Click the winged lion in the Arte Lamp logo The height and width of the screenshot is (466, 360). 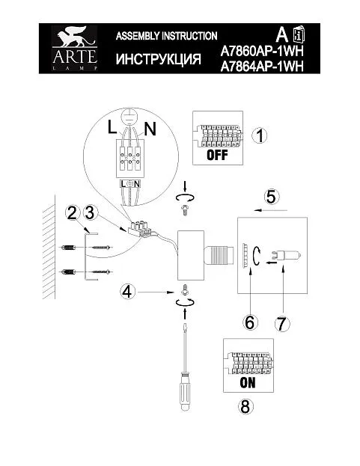coord(74,37)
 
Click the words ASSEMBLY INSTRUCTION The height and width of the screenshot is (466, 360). coord(166,36)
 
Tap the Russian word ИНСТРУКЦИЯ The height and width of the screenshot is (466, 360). coord(159,59)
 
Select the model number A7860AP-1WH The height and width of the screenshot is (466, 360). coord(262,51)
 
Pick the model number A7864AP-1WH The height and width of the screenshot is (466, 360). coord(262,67)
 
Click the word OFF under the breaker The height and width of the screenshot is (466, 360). coord(217,155)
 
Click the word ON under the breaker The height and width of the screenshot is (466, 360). coord(248,382)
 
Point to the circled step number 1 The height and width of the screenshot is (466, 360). coord(260,135)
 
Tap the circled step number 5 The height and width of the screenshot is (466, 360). coord(271,197)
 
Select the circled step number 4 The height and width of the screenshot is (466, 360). coord(127,292)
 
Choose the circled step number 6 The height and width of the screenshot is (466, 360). coord(250,322)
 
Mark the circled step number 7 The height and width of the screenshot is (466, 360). coord(282,324)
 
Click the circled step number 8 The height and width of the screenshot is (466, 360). coord(245,406)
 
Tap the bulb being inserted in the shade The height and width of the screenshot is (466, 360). coord(286,256)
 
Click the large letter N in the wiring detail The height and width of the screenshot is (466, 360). coord(150,129)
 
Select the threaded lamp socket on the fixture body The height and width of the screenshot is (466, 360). coord(218,256)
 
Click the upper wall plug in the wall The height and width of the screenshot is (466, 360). coord(68,248)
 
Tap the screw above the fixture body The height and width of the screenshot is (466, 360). coord(185,210)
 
